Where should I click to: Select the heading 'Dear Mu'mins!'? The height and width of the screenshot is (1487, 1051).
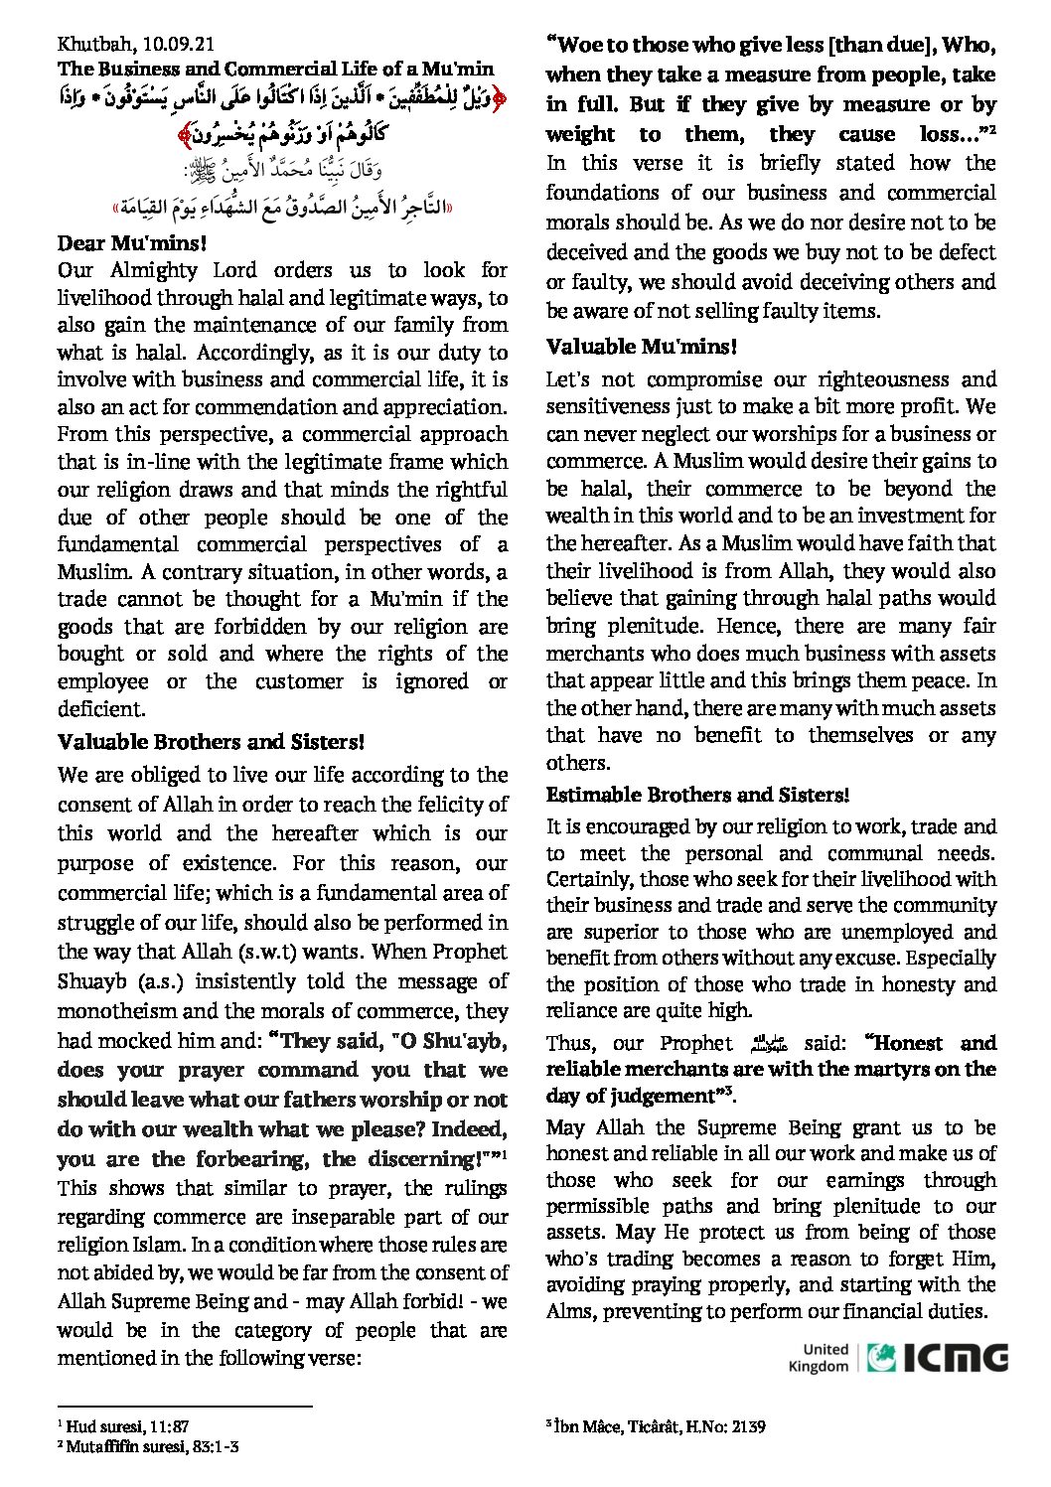tap(131, 243)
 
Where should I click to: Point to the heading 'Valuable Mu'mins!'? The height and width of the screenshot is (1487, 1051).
tap(642, 347)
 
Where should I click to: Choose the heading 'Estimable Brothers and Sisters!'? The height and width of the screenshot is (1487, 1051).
tap(697, 795)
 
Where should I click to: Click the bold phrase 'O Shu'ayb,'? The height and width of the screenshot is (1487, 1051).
tap(452, 1040)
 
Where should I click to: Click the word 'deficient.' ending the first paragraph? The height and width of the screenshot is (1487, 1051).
tap(101, 709)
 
